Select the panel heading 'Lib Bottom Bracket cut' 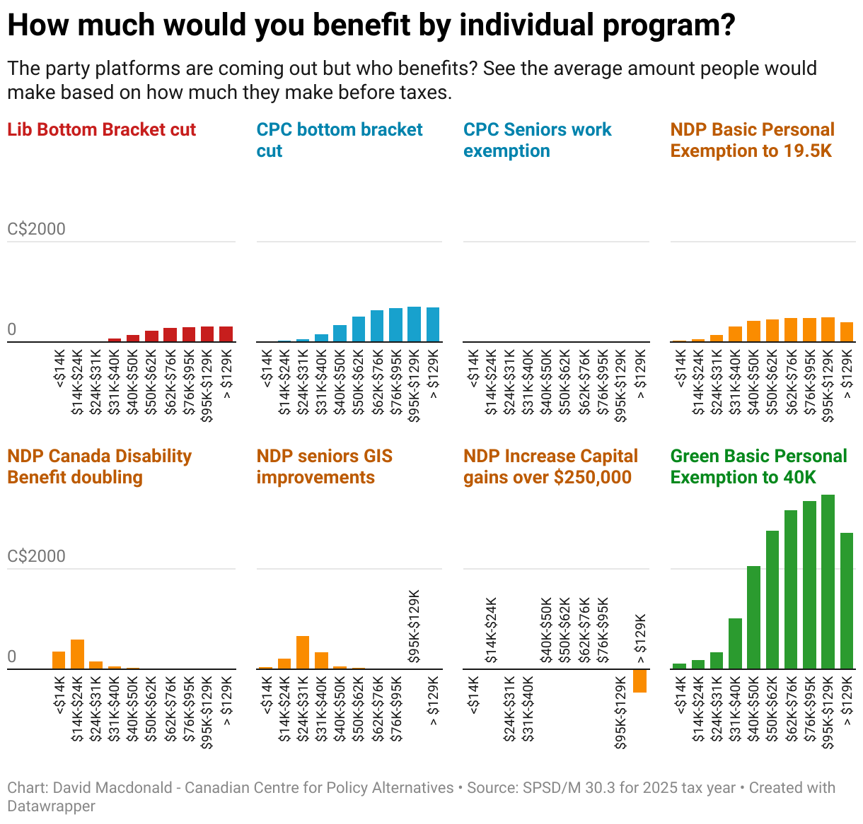tap(101, 130)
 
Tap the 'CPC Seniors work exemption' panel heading tap(537, 140)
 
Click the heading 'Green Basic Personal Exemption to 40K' tap(758, 466)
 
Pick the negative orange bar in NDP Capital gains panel tap(639, 681)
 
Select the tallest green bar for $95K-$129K tap(828, 582)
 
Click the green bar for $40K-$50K tap(753, 617)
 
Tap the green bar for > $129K tap(846, 601)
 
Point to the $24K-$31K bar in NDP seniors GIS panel tap(303, 652)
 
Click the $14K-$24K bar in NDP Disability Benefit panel tap(77, 654)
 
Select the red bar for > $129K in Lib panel tap(226, 334)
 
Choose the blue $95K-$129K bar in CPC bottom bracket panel tap(414, 324)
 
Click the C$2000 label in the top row tap(36, 229)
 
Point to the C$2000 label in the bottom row tap(36, 556)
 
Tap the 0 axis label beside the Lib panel tap(11, 330)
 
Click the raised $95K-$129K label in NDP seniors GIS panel tap(414, 626)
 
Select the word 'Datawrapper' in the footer tap(51, 806)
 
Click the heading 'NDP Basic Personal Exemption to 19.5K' tap(752, 140)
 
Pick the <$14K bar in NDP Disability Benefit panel tap(59, 660)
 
